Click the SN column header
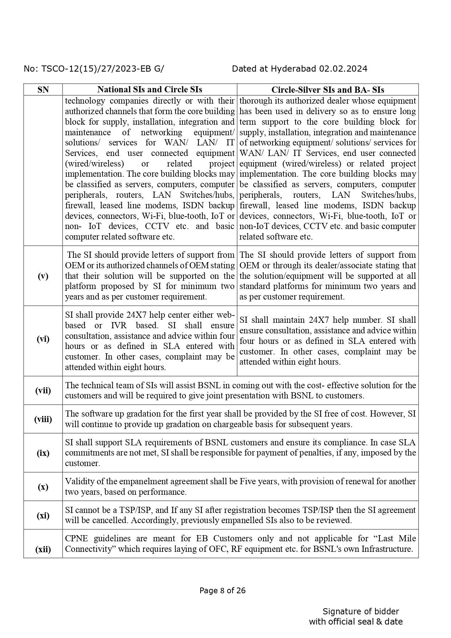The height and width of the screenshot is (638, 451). tap(43, 90)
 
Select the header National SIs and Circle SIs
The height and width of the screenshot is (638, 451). tap(150, 89)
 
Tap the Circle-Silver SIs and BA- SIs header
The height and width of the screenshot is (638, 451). tap(328, 90)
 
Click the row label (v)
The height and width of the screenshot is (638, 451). tap(43, 276)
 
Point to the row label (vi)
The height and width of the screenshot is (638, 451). tap(43, 339)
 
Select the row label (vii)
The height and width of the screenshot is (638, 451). tap(43, 391)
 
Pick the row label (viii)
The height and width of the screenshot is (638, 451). tap(43, 419)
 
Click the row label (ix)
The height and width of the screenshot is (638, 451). tap(43, 453)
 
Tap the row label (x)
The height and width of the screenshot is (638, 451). tap(43, 487)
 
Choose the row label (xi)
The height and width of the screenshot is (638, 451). tap(43, 515)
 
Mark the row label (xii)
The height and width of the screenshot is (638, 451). tap(43, 549)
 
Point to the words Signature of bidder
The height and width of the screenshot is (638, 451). tap(361, 611)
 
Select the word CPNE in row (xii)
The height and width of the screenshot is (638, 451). tap(77, 538)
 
